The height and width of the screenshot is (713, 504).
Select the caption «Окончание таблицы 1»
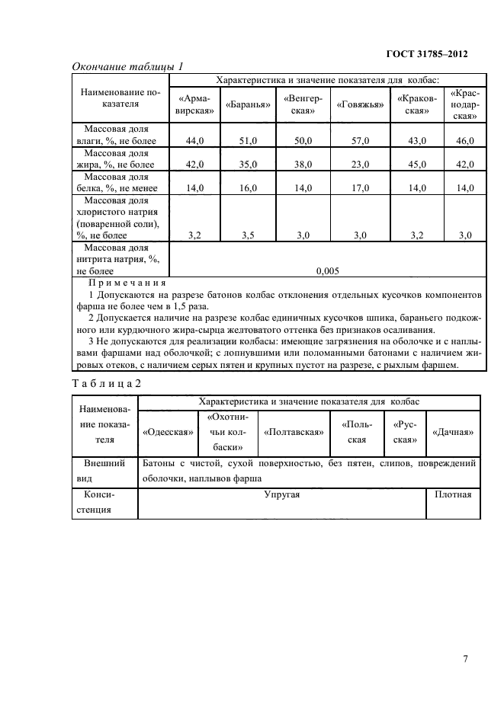[x=127, y=67]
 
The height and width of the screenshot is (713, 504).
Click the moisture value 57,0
[x=359, y=141]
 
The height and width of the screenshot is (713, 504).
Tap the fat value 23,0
[x=359, y=164]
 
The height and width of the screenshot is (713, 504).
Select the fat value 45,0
[x=416, y=164]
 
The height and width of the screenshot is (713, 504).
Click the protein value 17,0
[x=359, y=187]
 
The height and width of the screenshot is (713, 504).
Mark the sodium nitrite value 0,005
[x=327, y=270]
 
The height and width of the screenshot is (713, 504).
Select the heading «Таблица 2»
[x=106, y=382]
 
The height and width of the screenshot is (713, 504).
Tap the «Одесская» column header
[x=166, y=432]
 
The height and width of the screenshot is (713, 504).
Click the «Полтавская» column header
[x=294, y=432]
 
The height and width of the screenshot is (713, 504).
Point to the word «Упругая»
[x=281, y=495]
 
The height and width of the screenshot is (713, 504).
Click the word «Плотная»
[x=453, y=495]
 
